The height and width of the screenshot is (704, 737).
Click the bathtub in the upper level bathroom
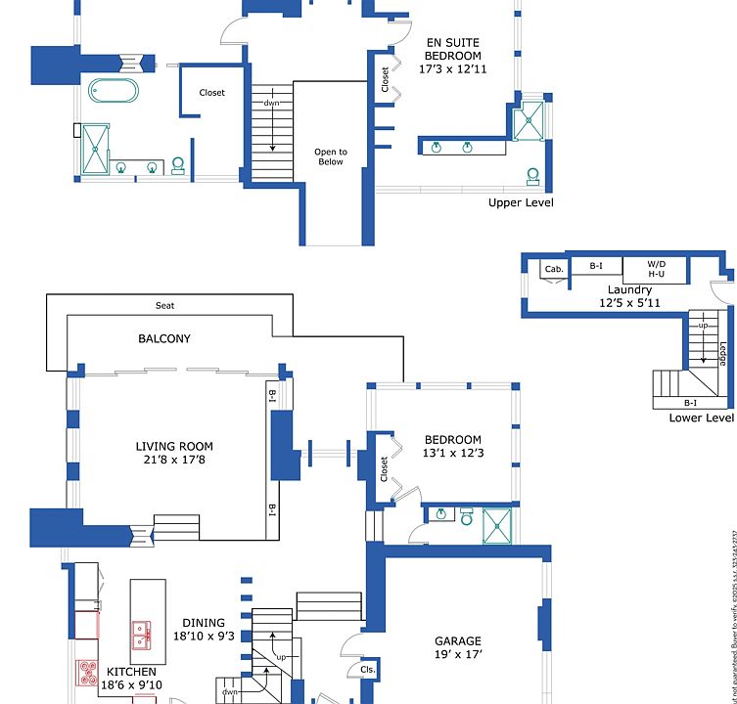click(x=114, y=90)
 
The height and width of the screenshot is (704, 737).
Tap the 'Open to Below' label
click(x=330, y=156)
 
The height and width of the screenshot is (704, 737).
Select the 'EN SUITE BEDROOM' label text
click(x=453, y=49)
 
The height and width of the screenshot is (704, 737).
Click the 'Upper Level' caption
click(x=521, y=202)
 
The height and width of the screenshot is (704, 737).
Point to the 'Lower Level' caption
click(x=701, y=418)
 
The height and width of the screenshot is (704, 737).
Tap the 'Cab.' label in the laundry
click(x=554, y=269)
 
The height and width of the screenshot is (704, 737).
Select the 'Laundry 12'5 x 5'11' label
click(x=629, y=296)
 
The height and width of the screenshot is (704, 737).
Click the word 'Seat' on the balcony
click(x=165, y=306)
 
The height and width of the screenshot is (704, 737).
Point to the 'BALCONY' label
click(x=164, y=339)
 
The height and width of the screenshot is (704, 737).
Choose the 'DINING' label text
click(x=204, y=623)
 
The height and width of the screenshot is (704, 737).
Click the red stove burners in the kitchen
click(x=87, y=672)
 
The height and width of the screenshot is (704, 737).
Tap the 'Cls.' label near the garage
click(x=369, y=670)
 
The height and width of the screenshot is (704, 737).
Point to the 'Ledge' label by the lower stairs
click(x=722, y=352)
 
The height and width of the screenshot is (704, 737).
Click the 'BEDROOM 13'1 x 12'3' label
click(x=452, y=446)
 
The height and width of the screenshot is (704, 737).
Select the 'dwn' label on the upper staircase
click(x=272, y=103)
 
